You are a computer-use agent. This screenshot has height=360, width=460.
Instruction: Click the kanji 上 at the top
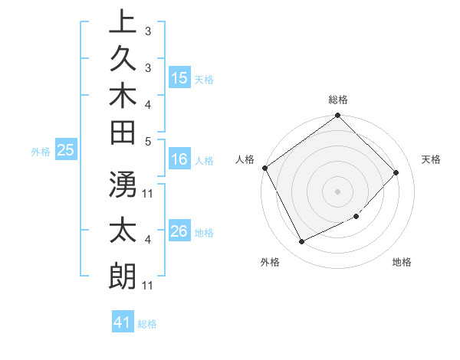(x=122, y=22)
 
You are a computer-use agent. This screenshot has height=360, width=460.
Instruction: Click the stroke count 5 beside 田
(x=148, y=140)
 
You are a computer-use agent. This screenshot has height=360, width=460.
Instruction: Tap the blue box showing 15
(x=179, y=78)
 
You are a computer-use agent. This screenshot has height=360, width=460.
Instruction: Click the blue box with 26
(x=179, y=232)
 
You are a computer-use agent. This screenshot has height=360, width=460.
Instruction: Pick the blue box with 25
(x=66, y=151)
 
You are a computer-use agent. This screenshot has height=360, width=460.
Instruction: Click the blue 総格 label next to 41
(x=147, y=324)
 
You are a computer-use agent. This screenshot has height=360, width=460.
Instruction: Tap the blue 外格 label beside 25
(x=41, y=152)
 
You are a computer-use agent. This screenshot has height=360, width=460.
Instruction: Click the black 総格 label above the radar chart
(x=338, y=100)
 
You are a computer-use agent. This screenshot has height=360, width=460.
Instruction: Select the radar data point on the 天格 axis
(x=396, y=172)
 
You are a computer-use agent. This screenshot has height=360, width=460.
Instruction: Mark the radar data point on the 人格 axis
(x=265, y=168)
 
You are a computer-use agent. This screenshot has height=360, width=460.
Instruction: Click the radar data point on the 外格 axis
(x=301, y=242)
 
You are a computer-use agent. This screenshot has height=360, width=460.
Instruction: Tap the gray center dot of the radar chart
(x=338, y=191)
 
